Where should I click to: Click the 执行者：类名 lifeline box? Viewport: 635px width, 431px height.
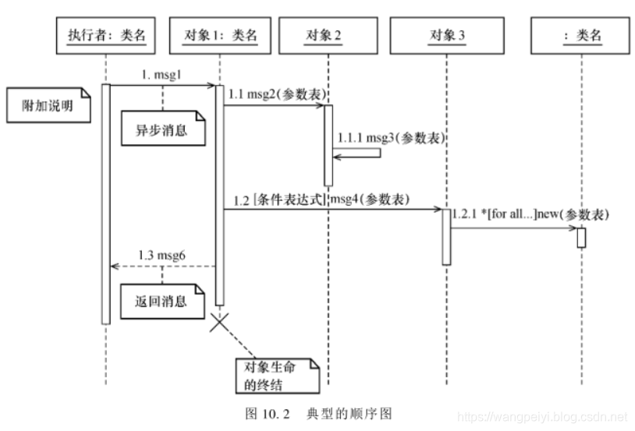click(105, 35)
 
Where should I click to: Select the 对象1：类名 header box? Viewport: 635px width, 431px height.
click(220, 35)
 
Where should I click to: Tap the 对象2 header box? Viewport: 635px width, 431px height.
click(328, 35)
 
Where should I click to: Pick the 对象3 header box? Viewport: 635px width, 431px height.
click(447, 35)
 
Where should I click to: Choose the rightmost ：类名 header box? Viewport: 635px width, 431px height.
click(581, 35)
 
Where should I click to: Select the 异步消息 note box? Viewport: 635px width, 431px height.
click(161, 129)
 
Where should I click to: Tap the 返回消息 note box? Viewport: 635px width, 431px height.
click(161, 302)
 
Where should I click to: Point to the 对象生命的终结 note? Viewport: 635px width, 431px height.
click(277, 375)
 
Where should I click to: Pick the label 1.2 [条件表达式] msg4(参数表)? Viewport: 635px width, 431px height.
click(321, 200)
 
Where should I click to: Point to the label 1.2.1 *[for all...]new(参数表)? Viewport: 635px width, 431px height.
click(531, 214)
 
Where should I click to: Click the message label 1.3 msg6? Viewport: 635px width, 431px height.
click(161, 255)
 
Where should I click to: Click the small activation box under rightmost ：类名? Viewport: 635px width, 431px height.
click(581, 238)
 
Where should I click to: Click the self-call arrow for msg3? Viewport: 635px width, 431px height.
click(358, 153)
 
